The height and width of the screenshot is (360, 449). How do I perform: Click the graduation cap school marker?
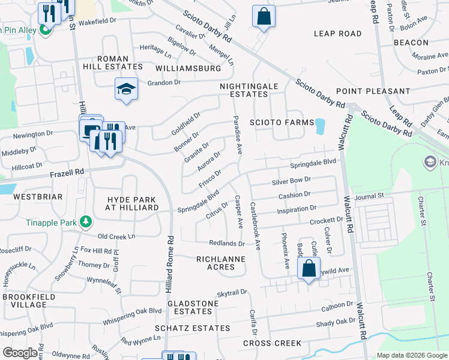click(127, 89)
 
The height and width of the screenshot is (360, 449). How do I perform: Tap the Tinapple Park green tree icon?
click(85, 223)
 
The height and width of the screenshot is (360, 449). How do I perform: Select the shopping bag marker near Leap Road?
click(264, 17)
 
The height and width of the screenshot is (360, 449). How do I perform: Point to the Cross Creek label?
click(272, 343)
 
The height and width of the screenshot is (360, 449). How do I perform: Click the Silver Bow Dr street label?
click(291, 180)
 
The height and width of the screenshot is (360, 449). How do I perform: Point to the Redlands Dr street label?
click(226, 243)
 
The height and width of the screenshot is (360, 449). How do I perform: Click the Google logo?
click(20, 353)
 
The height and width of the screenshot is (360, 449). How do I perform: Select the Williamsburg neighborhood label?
click(187, 69)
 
